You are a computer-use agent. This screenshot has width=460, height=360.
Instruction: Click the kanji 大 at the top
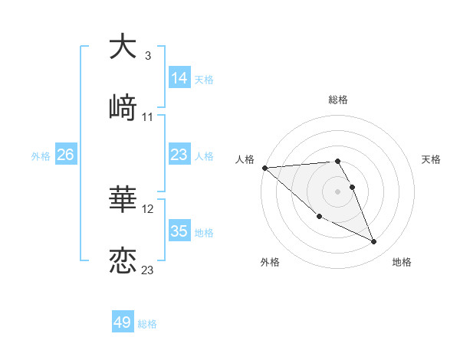(x=123, y=47)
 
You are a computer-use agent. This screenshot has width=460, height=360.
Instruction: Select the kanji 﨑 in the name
(x=123, y=107)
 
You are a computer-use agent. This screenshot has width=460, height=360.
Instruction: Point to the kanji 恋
(x=123, y=260)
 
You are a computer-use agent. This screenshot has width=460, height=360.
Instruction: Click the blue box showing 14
(x=179, y=78)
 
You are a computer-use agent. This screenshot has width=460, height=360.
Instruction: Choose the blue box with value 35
(x=179, y=231)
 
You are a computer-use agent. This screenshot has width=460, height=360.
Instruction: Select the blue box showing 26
(x=65, y=155)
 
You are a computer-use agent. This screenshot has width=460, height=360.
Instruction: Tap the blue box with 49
(x=123, y=322)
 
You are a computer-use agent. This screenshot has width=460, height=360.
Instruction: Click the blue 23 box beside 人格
(x=179, y=155)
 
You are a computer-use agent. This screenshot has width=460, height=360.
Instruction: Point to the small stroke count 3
(x=147, y=56)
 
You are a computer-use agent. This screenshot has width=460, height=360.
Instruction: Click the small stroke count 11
(x=148, y=117)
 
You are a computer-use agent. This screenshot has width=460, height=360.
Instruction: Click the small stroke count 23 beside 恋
(x=148, y=270)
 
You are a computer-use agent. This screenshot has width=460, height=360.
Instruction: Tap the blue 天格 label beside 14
(x=204, y=79)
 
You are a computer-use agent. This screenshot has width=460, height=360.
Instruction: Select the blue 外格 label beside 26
(x=41, y=155)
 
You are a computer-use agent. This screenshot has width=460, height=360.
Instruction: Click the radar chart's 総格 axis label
(x=338, y=100)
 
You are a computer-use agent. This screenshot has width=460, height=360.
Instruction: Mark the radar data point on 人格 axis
(x=264, y=168)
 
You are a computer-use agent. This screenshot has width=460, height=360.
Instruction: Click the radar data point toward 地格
(x=374, y=242)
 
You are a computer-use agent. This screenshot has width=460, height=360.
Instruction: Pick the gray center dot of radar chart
(x=338, y=191)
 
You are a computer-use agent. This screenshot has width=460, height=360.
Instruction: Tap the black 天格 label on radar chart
(x=432, y=159)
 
